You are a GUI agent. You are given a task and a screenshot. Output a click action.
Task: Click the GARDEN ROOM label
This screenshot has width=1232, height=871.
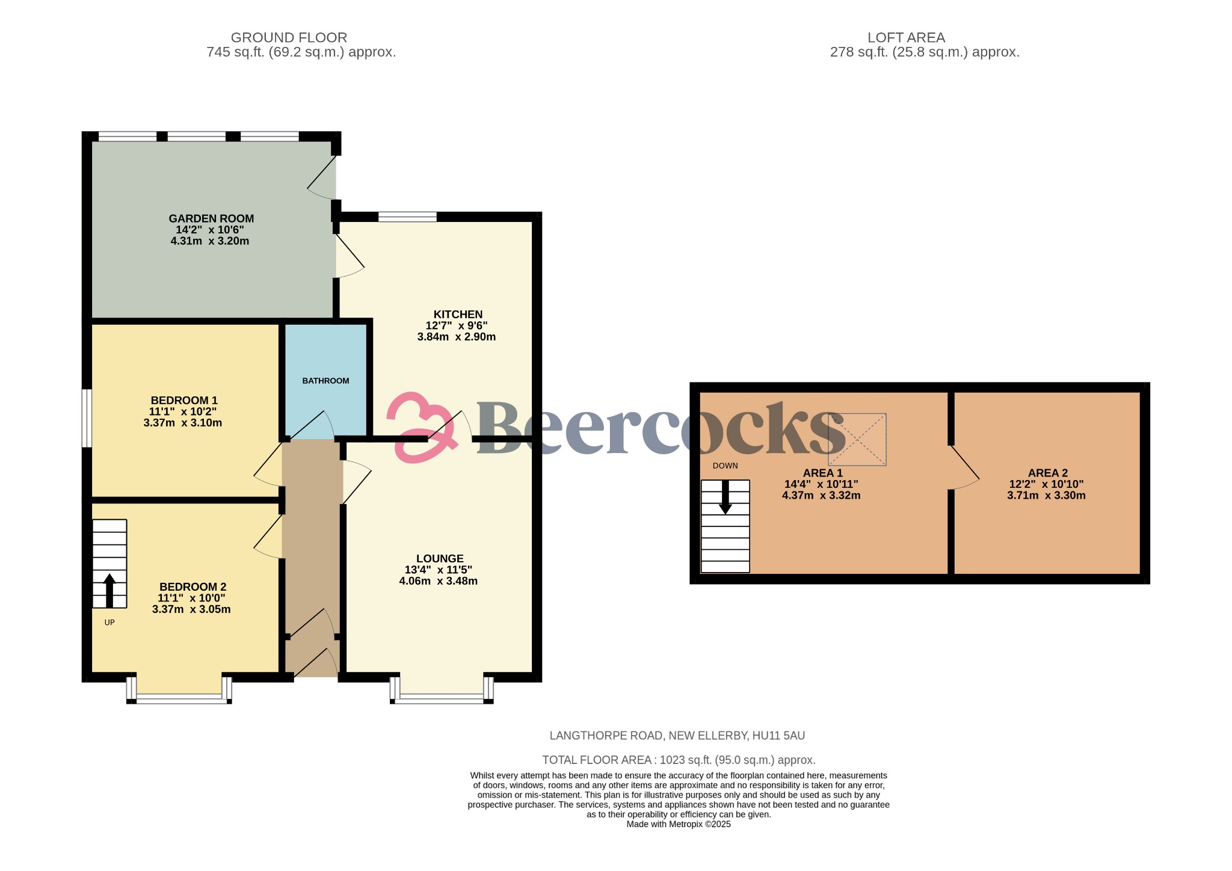click(x=211, y=218)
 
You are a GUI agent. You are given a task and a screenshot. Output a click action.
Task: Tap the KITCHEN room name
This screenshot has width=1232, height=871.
click(x=458, y=314)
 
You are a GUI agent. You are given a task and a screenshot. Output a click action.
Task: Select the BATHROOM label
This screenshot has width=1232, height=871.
click(x=325, y=381)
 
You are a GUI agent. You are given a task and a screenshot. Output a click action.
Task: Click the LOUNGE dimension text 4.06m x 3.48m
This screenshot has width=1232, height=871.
click(x=438, y=581)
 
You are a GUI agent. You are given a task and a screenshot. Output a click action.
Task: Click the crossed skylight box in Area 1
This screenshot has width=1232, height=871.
click(x=857, y=439)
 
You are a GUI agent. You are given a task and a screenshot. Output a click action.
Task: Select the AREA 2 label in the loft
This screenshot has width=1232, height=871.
click(x=1047, y=473)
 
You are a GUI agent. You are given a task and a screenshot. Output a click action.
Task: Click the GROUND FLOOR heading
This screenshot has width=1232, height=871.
click(x=289, y=37)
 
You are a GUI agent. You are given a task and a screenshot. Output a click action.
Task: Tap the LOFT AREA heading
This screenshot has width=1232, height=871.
click(x=906, y=37)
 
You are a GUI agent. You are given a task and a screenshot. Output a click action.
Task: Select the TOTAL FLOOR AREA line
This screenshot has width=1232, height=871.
click(x=679, y=760)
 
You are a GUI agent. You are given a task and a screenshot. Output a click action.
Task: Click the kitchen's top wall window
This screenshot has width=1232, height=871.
click(x=407, y=217)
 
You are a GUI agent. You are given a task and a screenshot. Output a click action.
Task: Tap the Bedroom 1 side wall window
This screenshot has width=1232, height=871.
click(x=87, y=418)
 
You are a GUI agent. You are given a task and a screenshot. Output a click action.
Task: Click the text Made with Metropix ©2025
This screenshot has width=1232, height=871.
click(x=679, y=824)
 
